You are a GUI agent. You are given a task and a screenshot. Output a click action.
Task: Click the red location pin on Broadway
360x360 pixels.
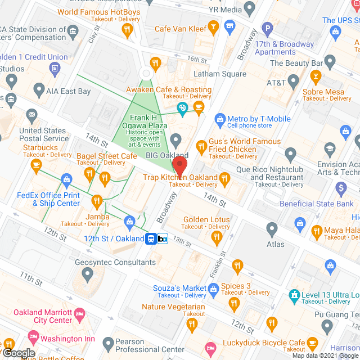[179, 167]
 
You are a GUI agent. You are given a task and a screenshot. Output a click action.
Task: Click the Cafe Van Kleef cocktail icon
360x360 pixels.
[213, 26]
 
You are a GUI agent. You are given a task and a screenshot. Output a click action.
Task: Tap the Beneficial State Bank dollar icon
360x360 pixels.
[340, 187]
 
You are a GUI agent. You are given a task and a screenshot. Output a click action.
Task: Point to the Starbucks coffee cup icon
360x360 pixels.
[37, 164]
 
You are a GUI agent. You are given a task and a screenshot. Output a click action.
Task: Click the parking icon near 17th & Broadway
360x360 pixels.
[268, 27]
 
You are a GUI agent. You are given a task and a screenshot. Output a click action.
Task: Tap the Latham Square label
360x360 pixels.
[220, 74]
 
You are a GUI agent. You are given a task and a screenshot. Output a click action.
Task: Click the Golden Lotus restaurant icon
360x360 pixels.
[217, 238]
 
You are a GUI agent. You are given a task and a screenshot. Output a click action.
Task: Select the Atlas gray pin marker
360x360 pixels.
[272, 229]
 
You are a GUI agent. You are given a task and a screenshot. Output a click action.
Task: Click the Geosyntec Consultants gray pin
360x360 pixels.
[87, 274]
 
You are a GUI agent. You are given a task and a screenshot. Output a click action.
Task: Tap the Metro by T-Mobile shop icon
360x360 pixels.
[219, 119]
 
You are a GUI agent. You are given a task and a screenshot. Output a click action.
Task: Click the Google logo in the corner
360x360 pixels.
[19, 353]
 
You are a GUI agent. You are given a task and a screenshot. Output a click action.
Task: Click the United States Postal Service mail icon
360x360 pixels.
[31, 116]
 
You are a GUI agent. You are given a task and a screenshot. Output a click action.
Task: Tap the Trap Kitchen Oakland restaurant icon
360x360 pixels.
[225, 179]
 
